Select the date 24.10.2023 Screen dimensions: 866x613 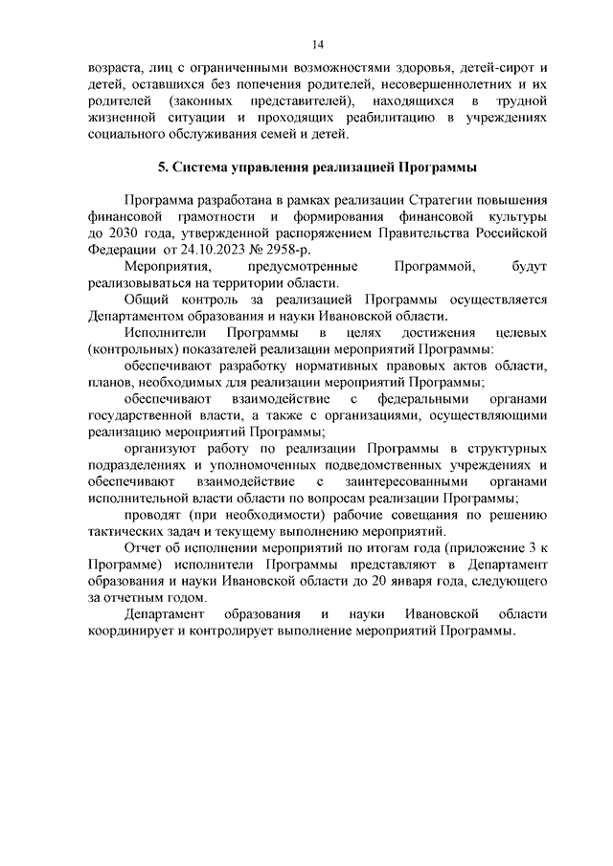(216, 249)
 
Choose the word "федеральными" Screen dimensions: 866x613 (420, 398)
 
